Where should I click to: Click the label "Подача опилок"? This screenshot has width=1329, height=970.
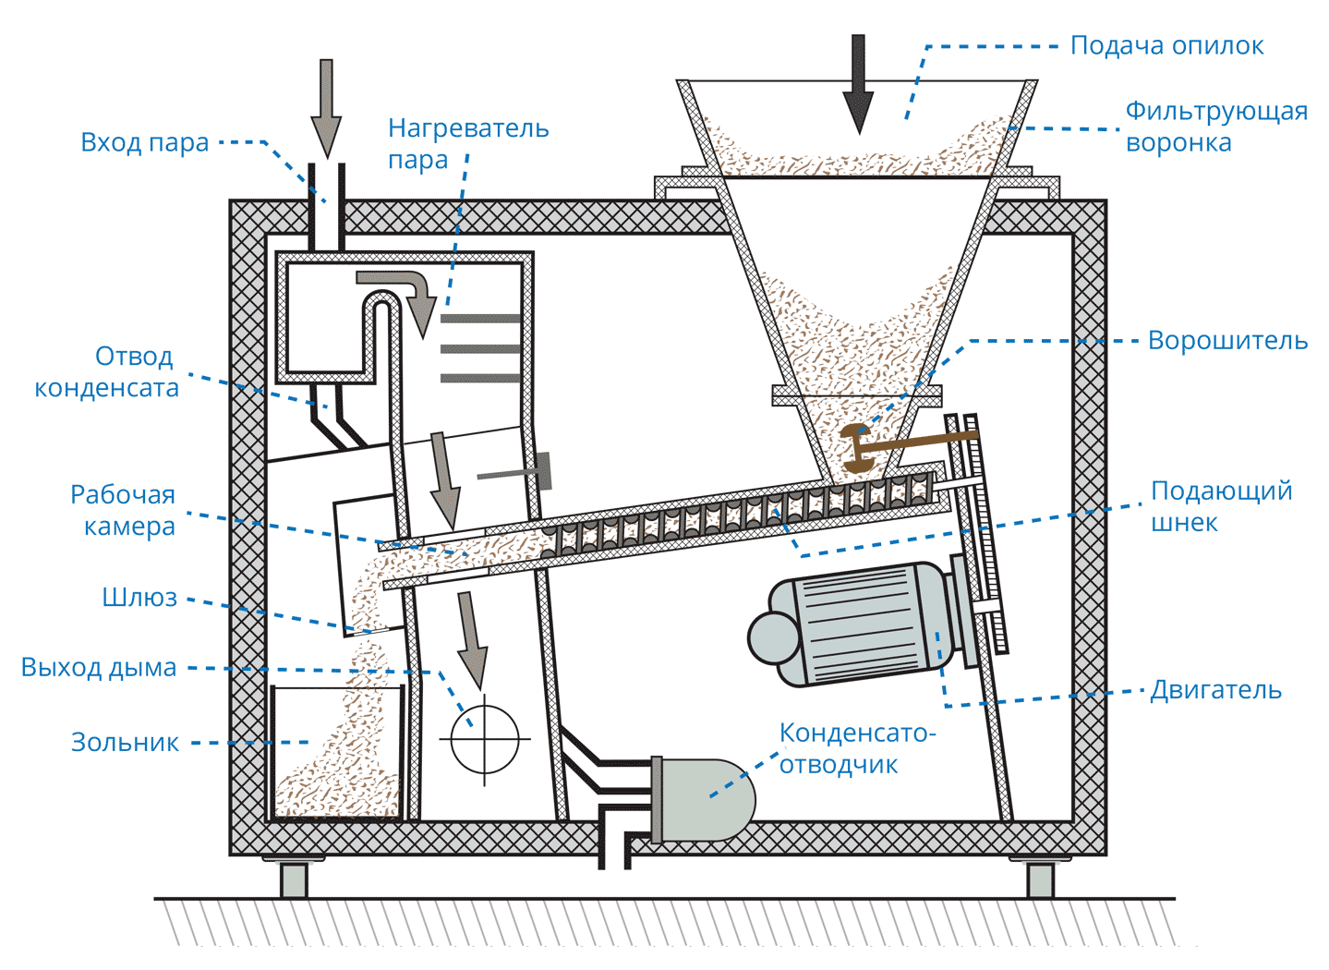pyautogui.click(x=1166, y=46)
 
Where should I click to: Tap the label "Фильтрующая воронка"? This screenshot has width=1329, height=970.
pyautogui.click(x=1215, y=127)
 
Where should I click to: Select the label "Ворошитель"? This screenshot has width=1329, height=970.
pyautogui.click(x=1227, y=341)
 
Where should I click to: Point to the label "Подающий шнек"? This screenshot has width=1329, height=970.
pyautogui.click(x=1220, y=506)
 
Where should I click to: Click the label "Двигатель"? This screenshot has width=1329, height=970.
pyautogui.click(x=1215, y=690)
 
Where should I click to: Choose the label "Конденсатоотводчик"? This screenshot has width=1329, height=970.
pyautogui.click(x=856, y=748)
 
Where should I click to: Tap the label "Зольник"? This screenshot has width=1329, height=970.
pyautogui.click(x=125, y=743)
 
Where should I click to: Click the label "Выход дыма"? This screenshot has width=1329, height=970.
pyautogui.click(x=99, y=668)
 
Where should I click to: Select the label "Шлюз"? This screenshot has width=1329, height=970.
pyautogui.click(x=139, y=598)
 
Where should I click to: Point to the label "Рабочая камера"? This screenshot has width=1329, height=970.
pyautogui.click(x=124, y=510)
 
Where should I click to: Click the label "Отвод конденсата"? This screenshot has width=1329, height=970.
pyautogui.click(x=107, y=371)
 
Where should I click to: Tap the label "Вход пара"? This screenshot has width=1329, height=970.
pyautogui.click(x=145, y=143)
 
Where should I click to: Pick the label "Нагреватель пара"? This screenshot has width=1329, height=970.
pyautogui.click(x=467, y=143)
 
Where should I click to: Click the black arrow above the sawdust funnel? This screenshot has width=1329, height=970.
pyautogui.click(x=859, y=83)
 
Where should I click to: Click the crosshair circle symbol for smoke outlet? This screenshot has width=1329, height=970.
pyautogui.click(x=485, y=739)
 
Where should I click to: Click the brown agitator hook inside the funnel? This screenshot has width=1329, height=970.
pyautogui.click(x=859, y=448)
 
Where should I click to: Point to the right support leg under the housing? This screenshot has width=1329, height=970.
pyautogui.click(x=1040, y=879)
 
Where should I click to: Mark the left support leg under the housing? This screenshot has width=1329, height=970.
pyautogui.click(x=294, y=879)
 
